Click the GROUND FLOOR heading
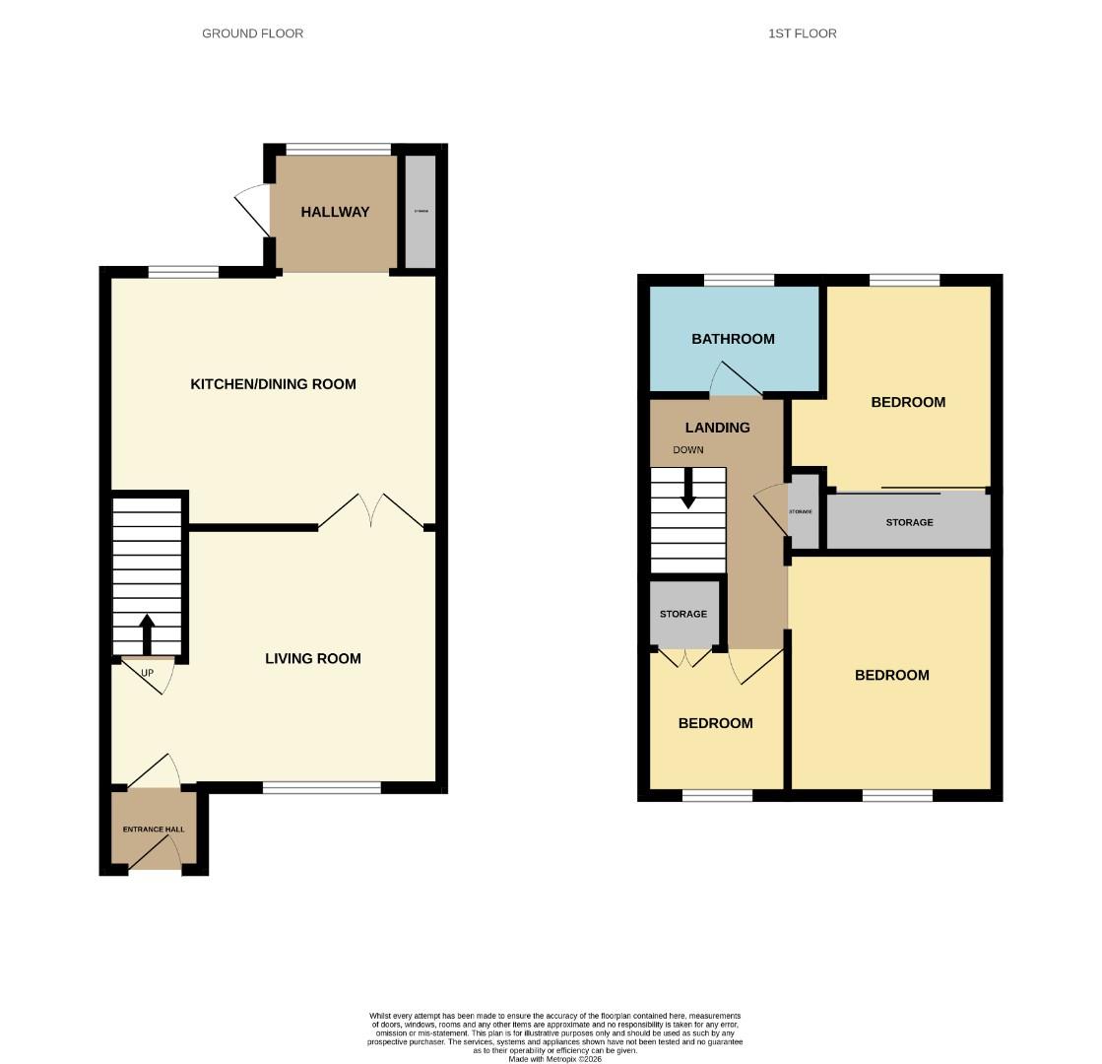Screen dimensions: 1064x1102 tap(252, 33)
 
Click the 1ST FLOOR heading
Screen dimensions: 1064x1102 tap(802, 33)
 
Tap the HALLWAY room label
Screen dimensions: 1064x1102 tap(335, 212)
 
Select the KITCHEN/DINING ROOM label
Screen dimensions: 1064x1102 tap(273, 384)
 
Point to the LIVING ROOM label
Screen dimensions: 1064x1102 tap(312, 659)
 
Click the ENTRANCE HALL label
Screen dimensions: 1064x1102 tap(154, 830)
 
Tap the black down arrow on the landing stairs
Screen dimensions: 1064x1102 tap(688, 488)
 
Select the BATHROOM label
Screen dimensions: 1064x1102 tap(733, 339)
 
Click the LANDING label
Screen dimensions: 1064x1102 tap(717, 428)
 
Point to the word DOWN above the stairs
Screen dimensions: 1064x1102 tap(688, 450)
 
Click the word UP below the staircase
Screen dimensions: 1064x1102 tap(147, 674)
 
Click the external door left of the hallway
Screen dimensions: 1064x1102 tap(252, 210)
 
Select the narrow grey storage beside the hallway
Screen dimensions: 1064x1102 tap(421, 211)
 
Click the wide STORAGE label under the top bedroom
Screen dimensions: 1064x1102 tap(908, 522)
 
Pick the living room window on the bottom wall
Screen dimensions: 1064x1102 tap(321, 787)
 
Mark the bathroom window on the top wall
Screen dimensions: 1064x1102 tap(739, 281)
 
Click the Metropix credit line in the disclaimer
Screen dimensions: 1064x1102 tap(554, 1059)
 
